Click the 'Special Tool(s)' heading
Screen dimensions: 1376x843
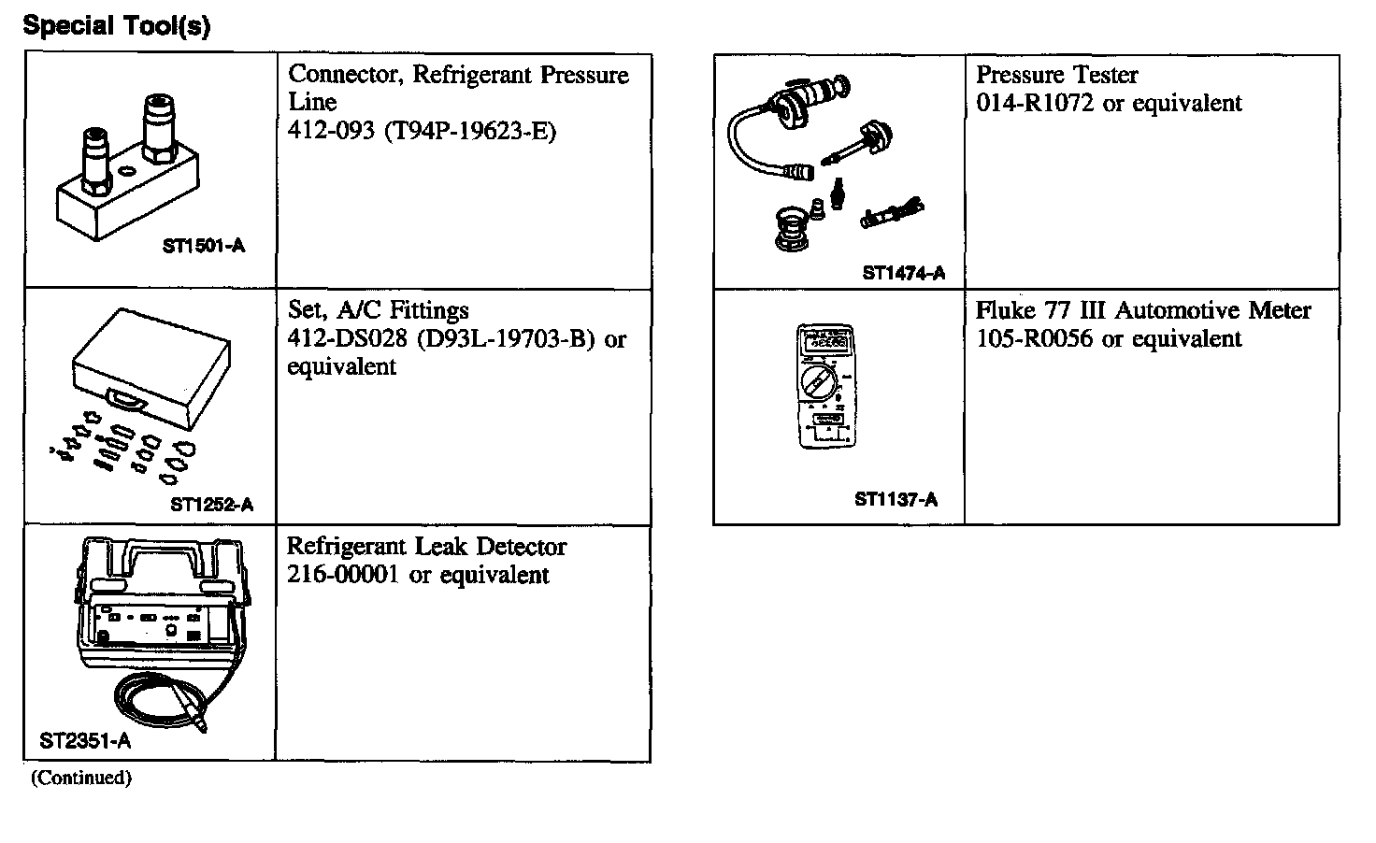click(x=117, y=26)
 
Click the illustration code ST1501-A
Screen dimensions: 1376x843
click(x=203, y=247)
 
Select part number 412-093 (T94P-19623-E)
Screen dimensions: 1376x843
click(x=422, y=131)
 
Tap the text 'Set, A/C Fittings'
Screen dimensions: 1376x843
click(x=378, y=310)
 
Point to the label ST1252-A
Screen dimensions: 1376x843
click(x=211, y=505)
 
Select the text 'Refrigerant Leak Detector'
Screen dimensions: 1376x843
click(x=426, y=547)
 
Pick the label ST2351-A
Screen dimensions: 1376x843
click(x=85, y=742)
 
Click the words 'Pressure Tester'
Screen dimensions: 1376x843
click(x=1056, y=75)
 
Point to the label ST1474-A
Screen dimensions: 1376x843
click(x=903, y=273)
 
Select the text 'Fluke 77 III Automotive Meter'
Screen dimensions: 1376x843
click(x=1143, y=310)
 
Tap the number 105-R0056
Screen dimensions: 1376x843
click(x=1034, y=338)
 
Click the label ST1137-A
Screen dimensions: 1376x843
click(x=896, y=499)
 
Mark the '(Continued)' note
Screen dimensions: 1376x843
click(x=81, y=778)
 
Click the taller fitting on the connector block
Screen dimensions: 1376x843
click(x=153, y=131)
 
